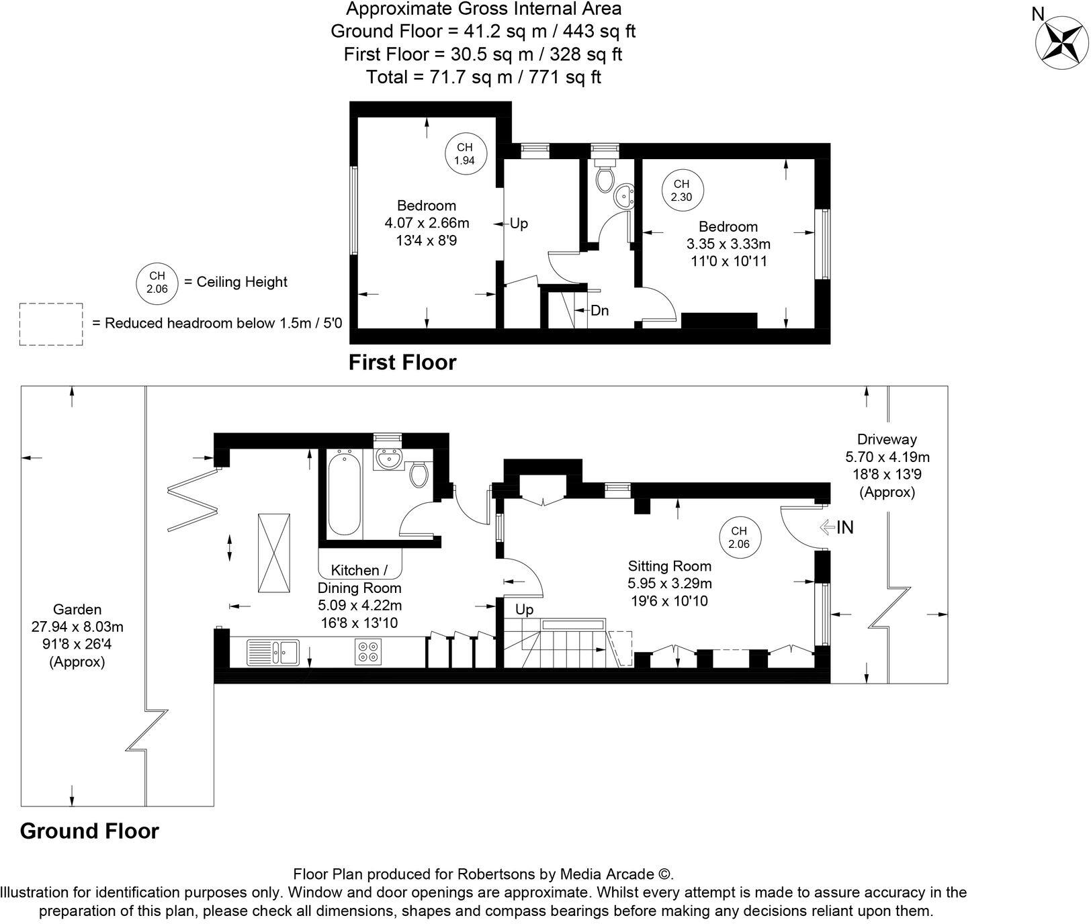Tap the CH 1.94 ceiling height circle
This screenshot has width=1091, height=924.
coord(464,154)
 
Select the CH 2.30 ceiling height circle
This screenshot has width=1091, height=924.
coord(681,190)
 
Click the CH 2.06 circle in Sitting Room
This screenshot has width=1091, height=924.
coord(738,537)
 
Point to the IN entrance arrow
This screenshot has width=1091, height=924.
coord(837,528)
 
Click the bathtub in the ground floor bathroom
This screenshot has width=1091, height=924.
coord(345,493)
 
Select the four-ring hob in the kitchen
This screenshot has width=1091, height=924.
coord(367,651)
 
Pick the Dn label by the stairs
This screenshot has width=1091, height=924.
coord(599,311)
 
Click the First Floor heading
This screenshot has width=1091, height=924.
coord(402,363)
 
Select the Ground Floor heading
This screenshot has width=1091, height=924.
coord(89,831)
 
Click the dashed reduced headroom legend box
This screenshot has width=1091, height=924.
coord(51,324)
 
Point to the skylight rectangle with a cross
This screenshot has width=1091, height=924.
coord(274,553)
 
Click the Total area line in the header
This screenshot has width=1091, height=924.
coord(483,77)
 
